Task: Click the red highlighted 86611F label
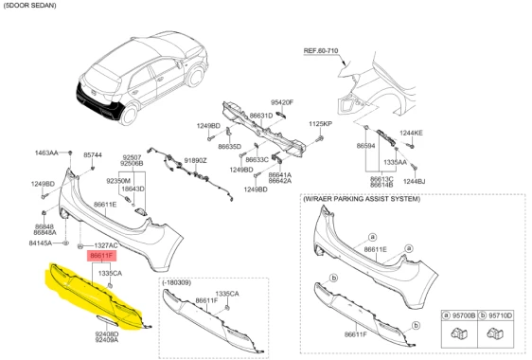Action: click(x=102, y=256)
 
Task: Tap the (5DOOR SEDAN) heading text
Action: click(x=30, y=6)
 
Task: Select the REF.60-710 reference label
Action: click(x=321, y=50)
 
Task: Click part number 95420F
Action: click(x=282, y=102)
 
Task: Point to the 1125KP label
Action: click(x=320, y=124)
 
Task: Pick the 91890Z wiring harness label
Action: click(x=195, y=160)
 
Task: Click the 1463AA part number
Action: click(x=46, y=153)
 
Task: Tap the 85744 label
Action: click(x=93, y=154)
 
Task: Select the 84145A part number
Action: click(x=41, y=243)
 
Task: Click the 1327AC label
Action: click(x=106, y=245)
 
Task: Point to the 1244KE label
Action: click(x=411, y=133)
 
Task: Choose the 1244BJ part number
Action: click(x=414, y=181)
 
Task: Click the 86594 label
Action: click(x=365, y=146)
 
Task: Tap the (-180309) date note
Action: click(x=176, y=282)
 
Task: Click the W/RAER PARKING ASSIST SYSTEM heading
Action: click(x=362, y=199)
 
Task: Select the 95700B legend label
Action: click(x=464, y=315)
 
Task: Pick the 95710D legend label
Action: click(x=501, y=315)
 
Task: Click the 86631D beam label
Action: click(x=261, y=116)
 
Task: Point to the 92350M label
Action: click(x=118, y=181)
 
